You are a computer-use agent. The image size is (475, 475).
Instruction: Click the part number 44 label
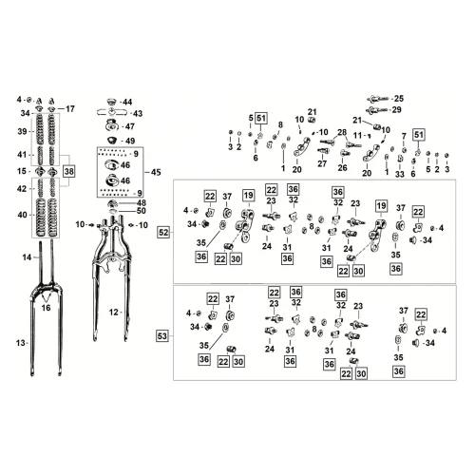coord(127,102)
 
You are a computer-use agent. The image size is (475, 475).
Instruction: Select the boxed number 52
coord(163,233)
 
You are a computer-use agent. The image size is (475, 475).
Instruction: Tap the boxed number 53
coord(161,335)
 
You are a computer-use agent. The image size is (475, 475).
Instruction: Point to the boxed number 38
coord(68,172)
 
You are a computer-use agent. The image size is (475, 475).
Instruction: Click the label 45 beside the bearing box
coord(156,172)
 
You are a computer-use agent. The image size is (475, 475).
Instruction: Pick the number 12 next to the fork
coord(114,313)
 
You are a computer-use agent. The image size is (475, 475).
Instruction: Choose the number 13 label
coord(21,343)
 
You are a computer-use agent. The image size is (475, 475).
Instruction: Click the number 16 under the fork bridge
coord(46,308)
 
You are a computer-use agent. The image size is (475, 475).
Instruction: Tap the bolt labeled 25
coord(378,100)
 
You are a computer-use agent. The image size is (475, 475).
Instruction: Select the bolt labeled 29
coord(377,110)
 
